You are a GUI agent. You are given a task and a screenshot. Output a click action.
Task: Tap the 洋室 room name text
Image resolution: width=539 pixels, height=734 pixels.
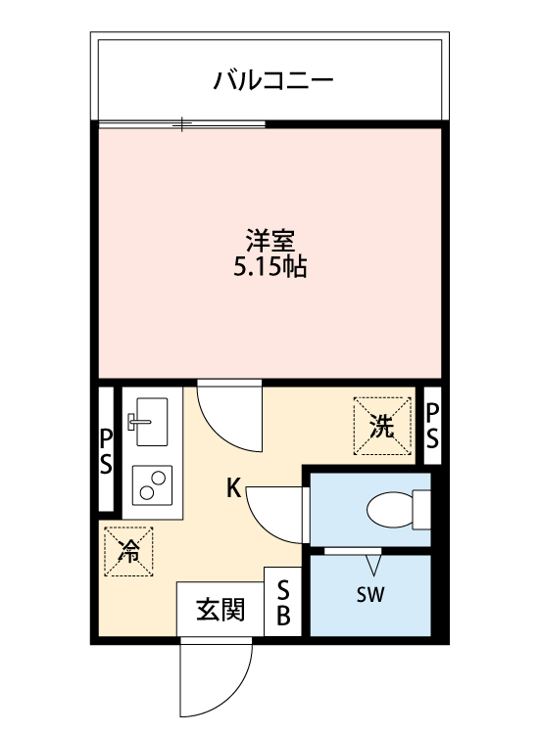(269, 240)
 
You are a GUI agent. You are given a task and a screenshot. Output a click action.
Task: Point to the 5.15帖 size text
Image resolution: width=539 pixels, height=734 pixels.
(269, 266)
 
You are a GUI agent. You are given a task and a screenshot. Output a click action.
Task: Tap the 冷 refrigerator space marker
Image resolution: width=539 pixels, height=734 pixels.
(128, 550)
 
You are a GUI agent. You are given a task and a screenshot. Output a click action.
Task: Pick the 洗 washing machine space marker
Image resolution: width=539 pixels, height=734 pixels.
(383, 427)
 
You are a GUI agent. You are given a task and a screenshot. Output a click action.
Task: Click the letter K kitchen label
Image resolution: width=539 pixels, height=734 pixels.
(234, 486)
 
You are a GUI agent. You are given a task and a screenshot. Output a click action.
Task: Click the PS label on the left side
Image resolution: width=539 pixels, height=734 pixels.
(107, 451)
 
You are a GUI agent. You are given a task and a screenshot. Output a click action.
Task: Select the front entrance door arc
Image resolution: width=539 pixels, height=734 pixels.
(214, 679)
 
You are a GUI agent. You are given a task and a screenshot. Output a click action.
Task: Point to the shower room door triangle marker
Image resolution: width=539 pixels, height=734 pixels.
(372, 564)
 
